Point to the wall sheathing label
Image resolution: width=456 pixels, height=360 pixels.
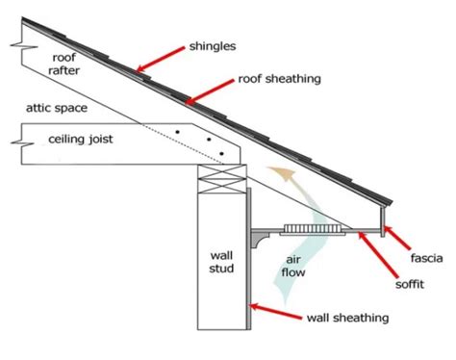pyautogui.click(x=348, y=317)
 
